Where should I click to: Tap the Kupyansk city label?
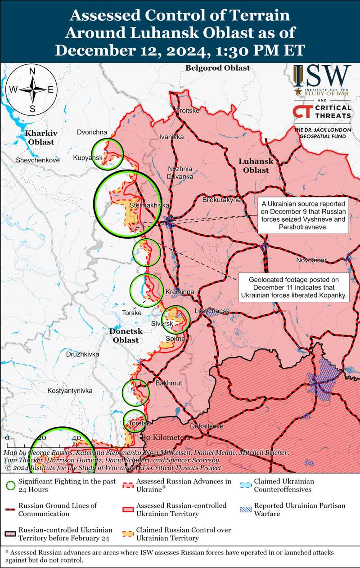(88, 158)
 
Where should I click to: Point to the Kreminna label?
(180, 292)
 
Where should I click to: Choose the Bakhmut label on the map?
(168, 383)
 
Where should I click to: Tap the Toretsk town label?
(139, 423)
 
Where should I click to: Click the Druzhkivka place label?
(82, 354)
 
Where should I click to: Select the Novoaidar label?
(311, 260)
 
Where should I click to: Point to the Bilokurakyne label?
(221, 200)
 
